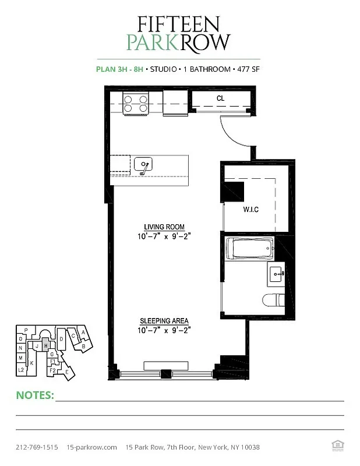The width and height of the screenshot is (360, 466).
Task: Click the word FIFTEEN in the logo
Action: click(x=178, y=24)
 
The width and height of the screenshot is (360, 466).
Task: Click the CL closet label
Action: click(x=220, y=98)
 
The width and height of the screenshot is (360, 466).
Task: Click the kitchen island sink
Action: click(x=143, y=165)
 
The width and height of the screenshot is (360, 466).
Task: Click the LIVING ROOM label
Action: click(x=164, y=227)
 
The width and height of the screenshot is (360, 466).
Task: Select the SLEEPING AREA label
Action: click(x=164, y=321)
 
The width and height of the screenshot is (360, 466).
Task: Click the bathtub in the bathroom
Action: click(x=249, y=249)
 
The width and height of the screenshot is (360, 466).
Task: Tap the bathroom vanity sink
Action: click(x=276, y=273)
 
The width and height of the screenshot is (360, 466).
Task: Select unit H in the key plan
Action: click(x=45, y=345)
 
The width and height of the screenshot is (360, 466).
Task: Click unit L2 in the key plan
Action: click(x=20, y=369)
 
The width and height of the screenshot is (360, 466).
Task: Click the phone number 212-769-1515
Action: click(x=37, y=447)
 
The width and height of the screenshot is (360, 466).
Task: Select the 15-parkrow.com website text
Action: click(x=92, y=447)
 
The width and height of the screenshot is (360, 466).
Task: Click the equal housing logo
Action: click(x=336, y=447)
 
